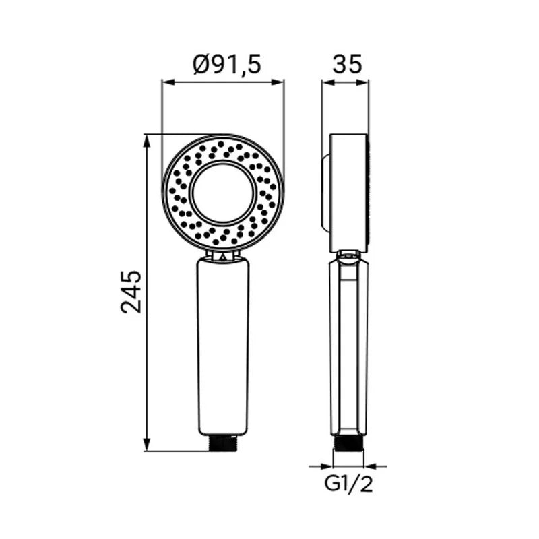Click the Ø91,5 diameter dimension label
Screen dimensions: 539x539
click(227, 64)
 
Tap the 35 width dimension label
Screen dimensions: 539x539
click(347, 64)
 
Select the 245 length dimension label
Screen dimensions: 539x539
click(131, 292)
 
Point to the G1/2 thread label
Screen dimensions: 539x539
click(348, 484)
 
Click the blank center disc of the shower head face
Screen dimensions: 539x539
click(223, 193)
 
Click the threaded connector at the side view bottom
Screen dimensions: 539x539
click(348, 443)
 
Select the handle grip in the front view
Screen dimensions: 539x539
click(223, 346)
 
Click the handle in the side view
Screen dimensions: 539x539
click(348, 347)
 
